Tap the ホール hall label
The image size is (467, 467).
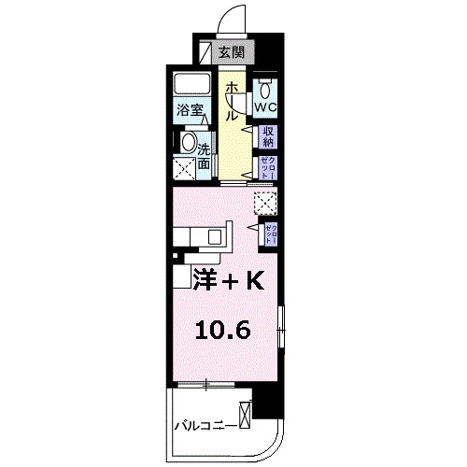[230, 101]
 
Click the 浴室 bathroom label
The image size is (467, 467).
[191, 110]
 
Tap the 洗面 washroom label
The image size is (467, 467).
[204, 153]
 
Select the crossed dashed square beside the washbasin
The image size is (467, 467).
[184, 169]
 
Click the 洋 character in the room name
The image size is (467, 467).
[207, 279]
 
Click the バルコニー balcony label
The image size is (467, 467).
[205, 427]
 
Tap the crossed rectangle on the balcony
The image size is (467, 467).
[247, 413]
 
